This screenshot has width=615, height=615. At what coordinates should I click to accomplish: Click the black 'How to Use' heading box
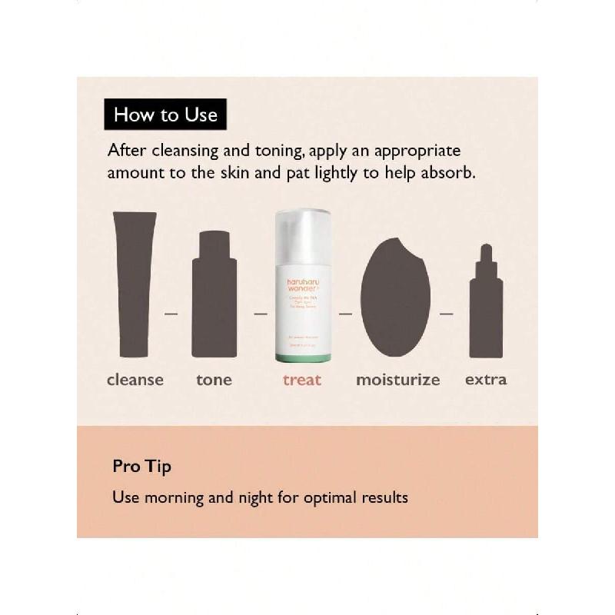pyautogui.click(x=165, y=115)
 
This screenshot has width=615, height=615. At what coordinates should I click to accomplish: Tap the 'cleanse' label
pyautogui.click(x=135, y=380)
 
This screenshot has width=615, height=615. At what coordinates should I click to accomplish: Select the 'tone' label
pyautogui.click(x=214, y=380)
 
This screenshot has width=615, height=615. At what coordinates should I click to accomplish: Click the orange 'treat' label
pyautogui.click(x=302, y=380)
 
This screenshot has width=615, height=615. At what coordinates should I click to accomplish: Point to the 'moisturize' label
pyautogui.click(x=397, y=380)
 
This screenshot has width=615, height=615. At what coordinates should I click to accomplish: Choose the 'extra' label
pyautogui.click(x=486, y=380)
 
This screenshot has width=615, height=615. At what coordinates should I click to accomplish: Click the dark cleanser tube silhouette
pyautogui.click(x=135, y=284)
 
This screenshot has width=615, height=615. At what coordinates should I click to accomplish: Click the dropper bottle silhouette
pyautogui.click(x=486, y=307)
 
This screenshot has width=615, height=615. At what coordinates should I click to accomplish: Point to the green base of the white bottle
pyautogui.click(x=302, y=358)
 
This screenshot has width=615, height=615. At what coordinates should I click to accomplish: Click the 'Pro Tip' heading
pyautogui.click(x=141, y=467)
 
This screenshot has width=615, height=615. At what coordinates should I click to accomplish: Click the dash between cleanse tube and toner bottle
pyautogui.click(x=171, y=314)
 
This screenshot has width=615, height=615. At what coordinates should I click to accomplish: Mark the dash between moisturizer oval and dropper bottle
pyautogui.click(x=447, y=314)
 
